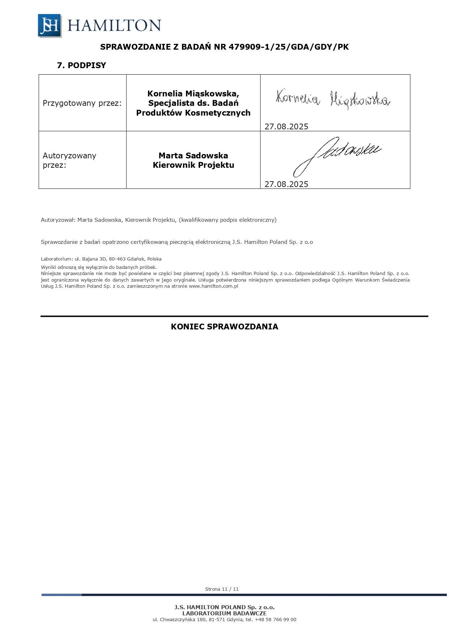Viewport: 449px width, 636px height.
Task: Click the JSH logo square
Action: tap(50, 25)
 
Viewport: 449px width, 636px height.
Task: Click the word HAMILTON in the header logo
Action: tap(114, 26)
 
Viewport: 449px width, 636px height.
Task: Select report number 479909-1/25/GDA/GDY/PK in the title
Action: tap(288, 47)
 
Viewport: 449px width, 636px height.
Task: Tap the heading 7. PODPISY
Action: tap(81, 65)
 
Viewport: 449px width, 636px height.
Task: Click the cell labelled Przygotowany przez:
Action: tap(82, 103)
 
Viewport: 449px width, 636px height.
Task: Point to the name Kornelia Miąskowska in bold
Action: tap(193, 93)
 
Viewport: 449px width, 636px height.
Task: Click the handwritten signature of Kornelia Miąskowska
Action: tap(332, 99)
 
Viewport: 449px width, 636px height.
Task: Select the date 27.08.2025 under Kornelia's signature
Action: tap(286, 126)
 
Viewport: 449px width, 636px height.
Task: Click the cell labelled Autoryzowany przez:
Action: tap(69, 160)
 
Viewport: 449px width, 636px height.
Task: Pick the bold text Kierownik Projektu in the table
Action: tap(193, 165)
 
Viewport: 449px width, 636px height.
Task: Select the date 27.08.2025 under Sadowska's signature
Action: tap(286, 184)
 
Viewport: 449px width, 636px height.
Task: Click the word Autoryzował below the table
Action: tap(58, 220)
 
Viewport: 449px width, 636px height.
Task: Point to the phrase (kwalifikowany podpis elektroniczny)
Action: tap(228, 220)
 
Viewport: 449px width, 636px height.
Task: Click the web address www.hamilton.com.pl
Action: tap(213, 286)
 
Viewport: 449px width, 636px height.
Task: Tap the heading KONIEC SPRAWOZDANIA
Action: tap(224, 327)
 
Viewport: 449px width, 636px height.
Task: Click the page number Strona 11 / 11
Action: tap(222, 589)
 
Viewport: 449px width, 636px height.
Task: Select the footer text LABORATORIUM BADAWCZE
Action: tap(224, 613)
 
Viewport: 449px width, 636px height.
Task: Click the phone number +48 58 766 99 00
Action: tap(275, 619)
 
